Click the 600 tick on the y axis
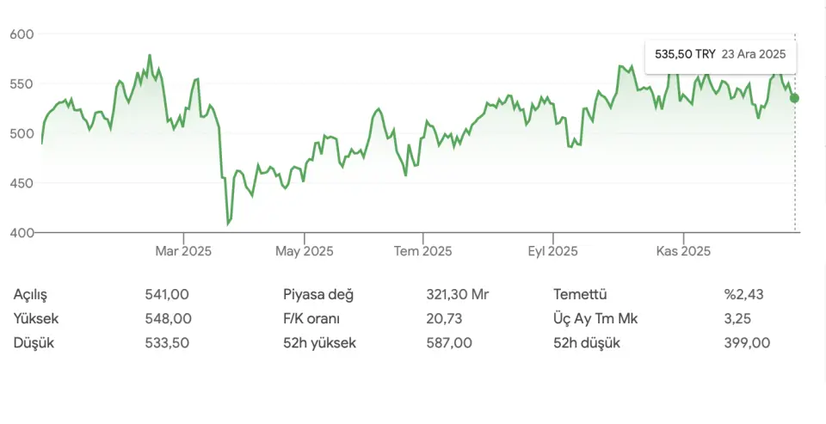pyautogui.click(x=21, y=34)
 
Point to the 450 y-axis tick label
pyautogui.click(x=21, y=183)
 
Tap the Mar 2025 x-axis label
pyautogui.click(x=183, y=251)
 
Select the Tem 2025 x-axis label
pyautogui.click(x=422, y=251)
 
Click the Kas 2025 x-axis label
pyautogui.click(x=683, y=251)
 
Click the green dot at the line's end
pyautogui.click(x=794, y=98)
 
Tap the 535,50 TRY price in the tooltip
pyautogui.click(x=685, y=53)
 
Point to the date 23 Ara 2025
pyautogui.click(x=754, y=53)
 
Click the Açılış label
pyautogui.click(x=32, y=294)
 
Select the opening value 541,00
pyautogui.click(x=167, y=294)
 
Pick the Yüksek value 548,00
pyautogui.click(x=169, y=318)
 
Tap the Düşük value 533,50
pyautogui.click(x=167, y=342)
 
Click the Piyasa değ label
pyautogui.click(x=318, y=294)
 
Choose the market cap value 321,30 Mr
pyautogui.click(x=457, y=294)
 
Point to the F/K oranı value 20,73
pyautogui.click(x=444, y=318)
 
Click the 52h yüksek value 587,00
pyautogui.click(x=449, y=342)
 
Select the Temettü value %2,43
pyautogui.click(x=744, y=294)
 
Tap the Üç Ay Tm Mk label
pyautogui.click(x=595, y=318)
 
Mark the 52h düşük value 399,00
pyautogui.click(x=747, y=342)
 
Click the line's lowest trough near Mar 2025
pyautogui.click(x=228, y=224)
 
